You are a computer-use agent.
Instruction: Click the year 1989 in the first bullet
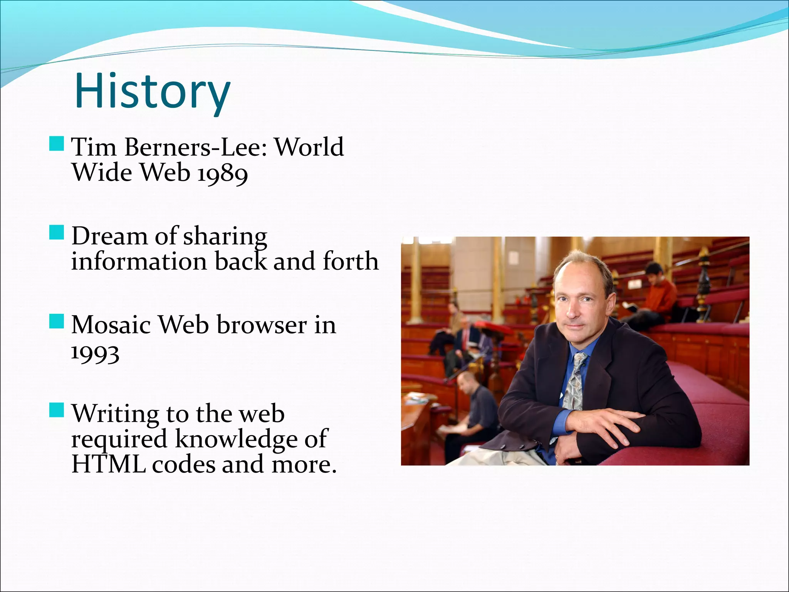[x=222, y=173]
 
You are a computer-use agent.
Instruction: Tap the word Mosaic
[x=111, y=325]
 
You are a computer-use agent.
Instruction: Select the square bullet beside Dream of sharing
[x=57, y=233]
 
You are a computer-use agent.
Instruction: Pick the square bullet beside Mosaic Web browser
[x=57, y=321]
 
